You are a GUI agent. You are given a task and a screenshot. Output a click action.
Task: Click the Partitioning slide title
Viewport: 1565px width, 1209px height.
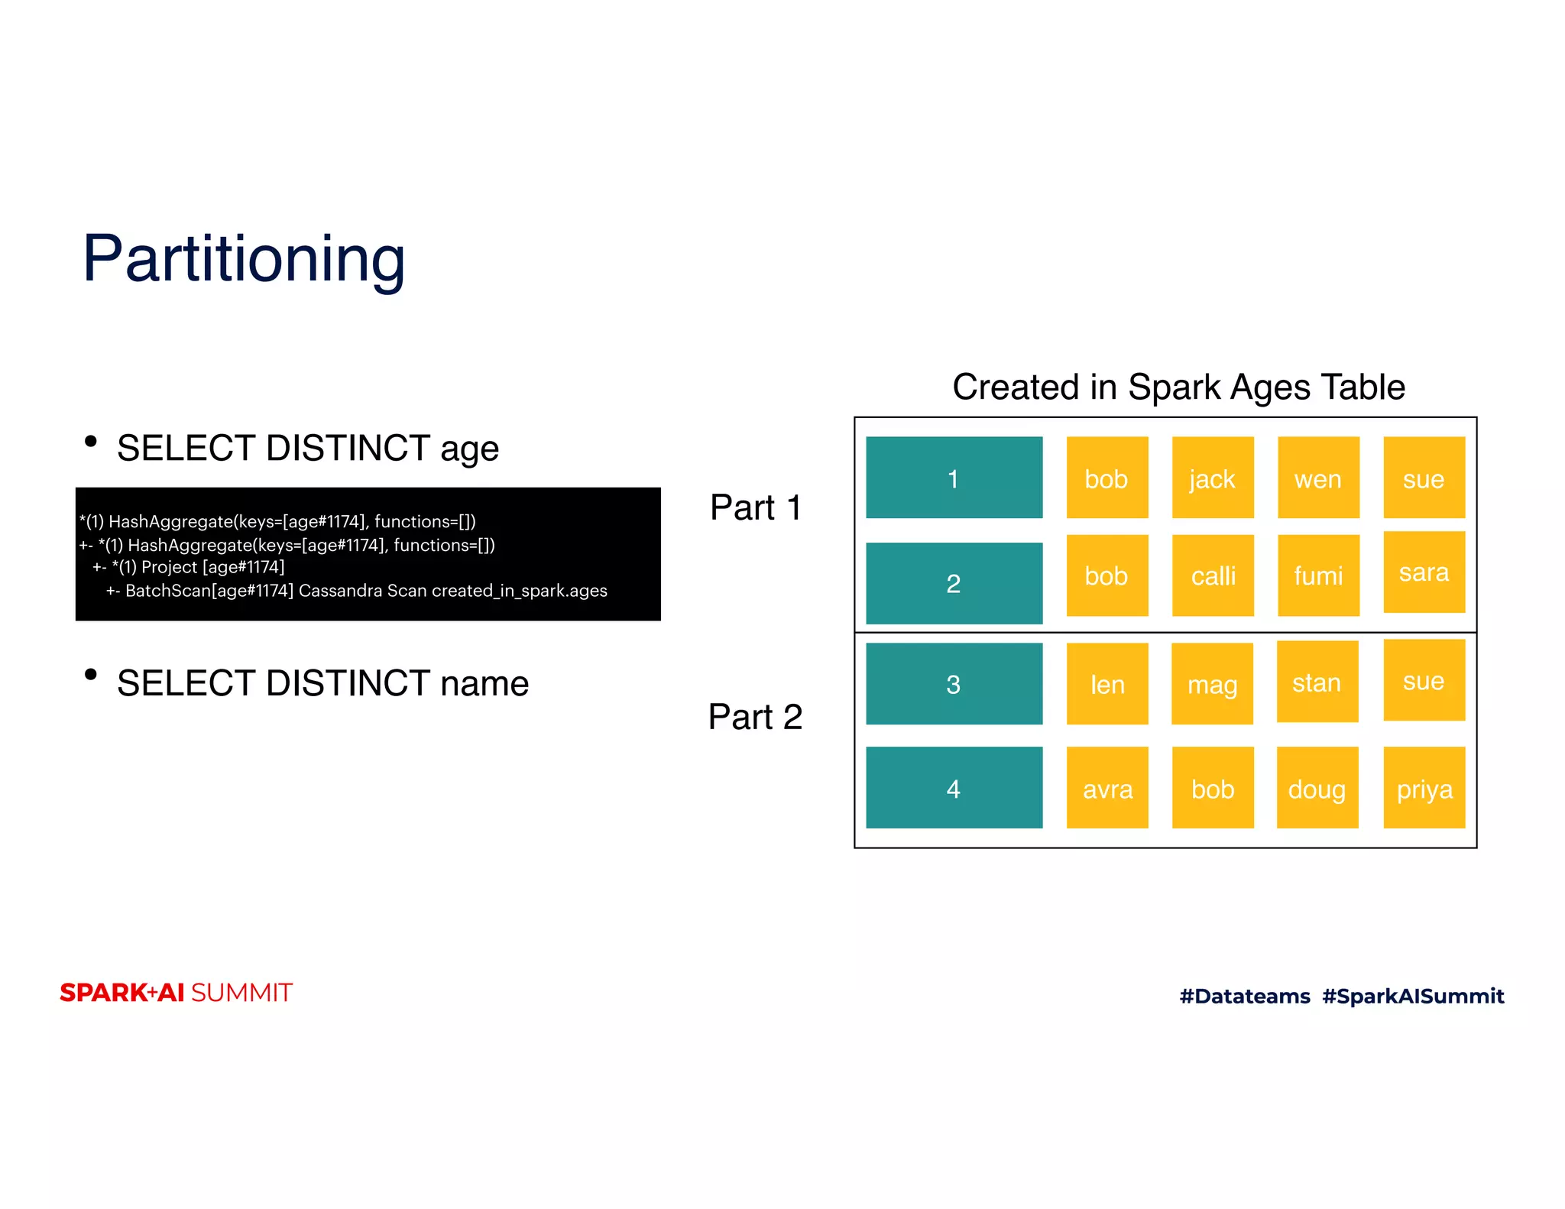(243, 259)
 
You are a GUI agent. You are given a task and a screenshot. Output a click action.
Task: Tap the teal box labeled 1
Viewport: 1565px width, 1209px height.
(953, 478)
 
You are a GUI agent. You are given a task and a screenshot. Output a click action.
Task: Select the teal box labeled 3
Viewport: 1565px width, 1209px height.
(953, 683)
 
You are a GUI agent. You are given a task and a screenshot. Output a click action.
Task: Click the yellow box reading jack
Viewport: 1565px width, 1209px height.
(1212, 478)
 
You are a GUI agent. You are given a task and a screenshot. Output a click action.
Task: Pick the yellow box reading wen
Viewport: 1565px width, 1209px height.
(1317, 478)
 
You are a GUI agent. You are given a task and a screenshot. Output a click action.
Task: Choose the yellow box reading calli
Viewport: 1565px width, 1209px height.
(1212, 575)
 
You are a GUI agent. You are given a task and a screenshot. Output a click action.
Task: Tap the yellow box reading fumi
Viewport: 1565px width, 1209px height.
(1317, 575)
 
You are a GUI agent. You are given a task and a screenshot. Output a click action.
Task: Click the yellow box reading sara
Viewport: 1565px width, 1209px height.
(1424, 572)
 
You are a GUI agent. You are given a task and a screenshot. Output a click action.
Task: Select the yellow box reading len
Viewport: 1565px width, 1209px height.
(1107, 683)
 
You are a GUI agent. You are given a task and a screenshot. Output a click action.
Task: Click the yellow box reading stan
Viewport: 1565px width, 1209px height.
(1317, 681)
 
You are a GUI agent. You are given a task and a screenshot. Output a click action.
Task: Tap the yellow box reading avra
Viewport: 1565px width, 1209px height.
(1107, 787)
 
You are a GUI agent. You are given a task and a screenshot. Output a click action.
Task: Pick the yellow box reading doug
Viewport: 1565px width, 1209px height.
(1317, 787)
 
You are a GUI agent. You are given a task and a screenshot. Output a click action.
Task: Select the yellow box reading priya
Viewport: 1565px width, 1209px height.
(1424, 787)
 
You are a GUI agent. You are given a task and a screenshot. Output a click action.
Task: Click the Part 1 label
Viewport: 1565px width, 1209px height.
(755, 507)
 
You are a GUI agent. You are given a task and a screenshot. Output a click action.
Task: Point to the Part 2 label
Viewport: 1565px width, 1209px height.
(755, 717)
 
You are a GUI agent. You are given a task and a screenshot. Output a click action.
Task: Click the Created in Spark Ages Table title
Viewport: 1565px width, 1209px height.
(1178, 387)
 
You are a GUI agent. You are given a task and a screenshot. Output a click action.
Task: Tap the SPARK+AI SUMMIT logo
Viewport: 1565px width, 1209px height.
(176, 992)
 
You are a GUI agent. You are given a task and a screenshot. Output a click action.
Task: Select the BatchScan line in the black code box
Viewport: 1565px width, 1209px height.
(356, 591)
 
